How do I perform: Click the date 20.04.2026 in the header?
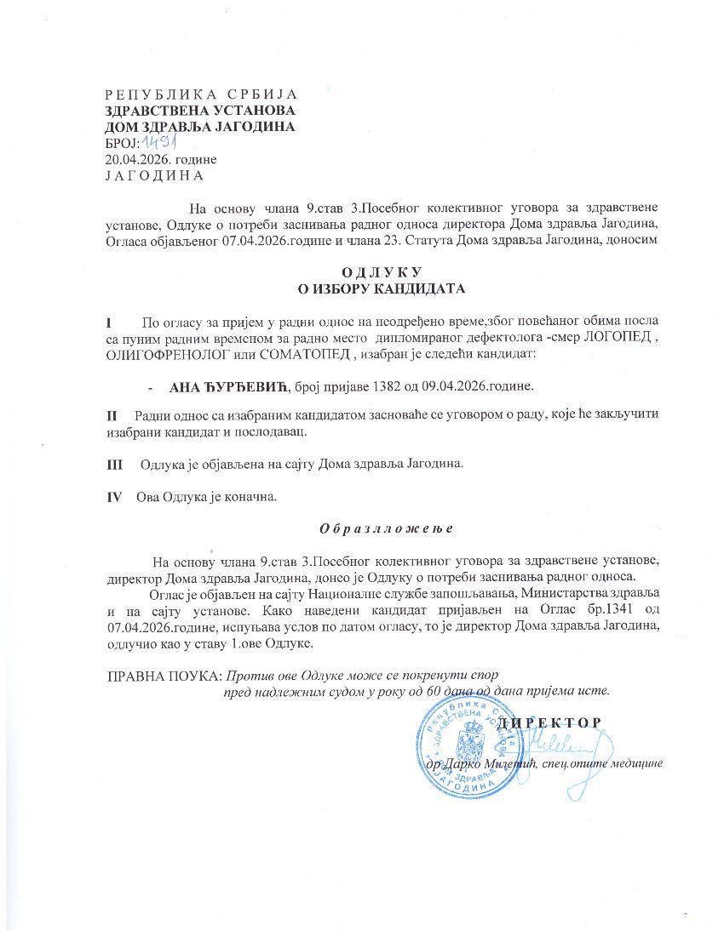(x=135, y=159)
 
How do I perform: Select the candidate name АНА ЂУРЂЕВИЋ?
(x=230, y=386)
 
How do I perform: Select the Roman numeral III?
(x=115, y=464)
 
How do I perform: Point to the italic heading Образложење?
(x=386, y=528)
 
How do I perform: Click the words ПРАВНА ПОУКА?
(x=163, y=675)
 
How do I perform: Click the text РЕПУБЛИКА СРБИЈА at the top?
(x=201, y=94)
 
